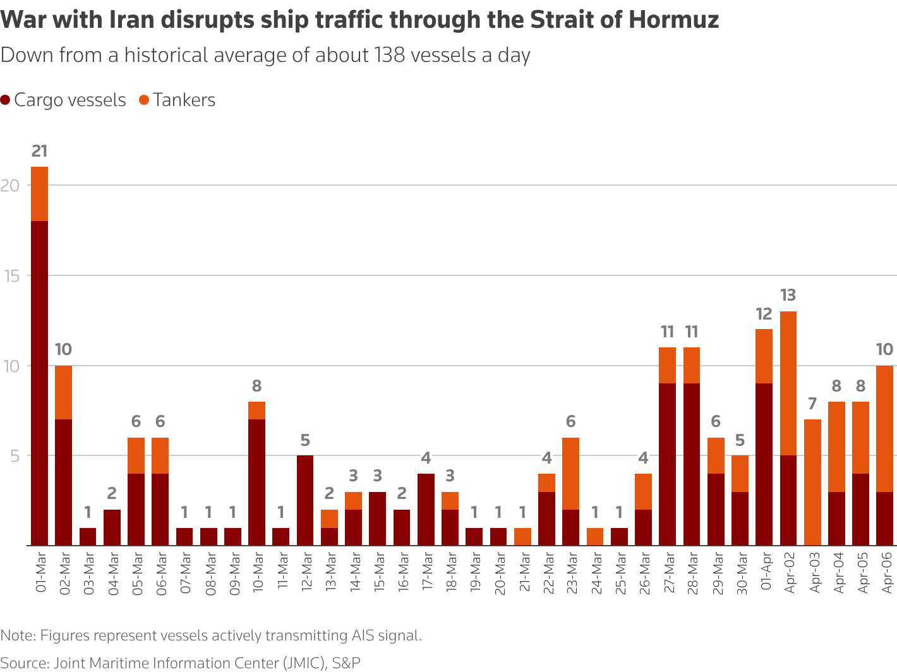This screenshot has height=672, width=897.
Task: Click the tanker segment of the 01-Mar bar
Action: (x=39, y=194)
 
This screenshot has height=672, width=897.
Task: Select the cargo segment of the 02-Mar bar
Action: (x=63, y=482)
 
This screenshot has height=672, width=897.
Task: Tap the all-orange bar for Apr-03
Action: (x=812, y=482)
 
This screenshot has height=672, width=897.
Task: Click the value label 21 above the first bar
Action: (x=39, y=151)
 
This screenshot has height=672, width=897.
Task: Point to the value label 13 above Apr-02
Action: (x=788, y=296)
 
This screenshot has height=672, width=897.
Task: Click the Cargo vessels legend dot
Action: (x=6, y=100)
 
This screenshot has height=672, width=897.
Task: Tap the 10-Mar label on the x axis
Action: (x=257, y=573)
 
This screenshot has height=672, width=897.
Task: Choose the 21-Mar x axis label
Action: (x=523, y=573)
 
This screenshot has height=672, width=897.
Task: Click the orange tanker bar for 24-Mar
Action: (x=595, y=537)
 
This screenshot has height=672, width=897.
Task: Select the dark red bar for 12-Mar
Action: (x=305, y=500)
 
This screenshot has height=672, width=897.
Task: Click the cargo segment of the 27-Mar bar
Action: (x=667, y=464)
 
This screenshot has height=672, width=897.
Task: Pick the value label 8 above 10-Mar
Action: (x=256, y=386)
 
